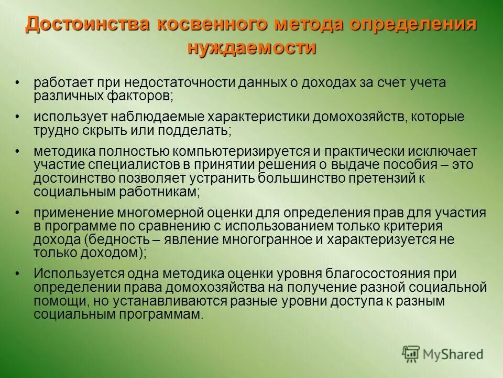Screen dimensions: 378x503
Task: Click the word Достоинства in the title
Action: click(75, 25)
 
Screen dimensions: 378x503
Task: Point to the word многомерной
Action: click(170, 213)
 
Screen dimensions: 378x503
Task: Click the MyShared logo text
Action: click(453, 354)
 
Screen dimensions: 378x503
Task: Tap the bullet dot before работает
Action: click(17, 83)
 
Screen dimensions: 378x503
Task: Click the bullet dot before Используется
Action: click(17, 274)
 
